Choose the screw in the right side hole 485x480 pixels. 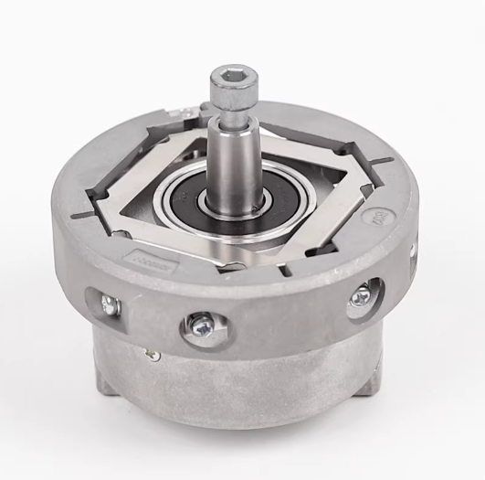(x=363, y=295)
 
